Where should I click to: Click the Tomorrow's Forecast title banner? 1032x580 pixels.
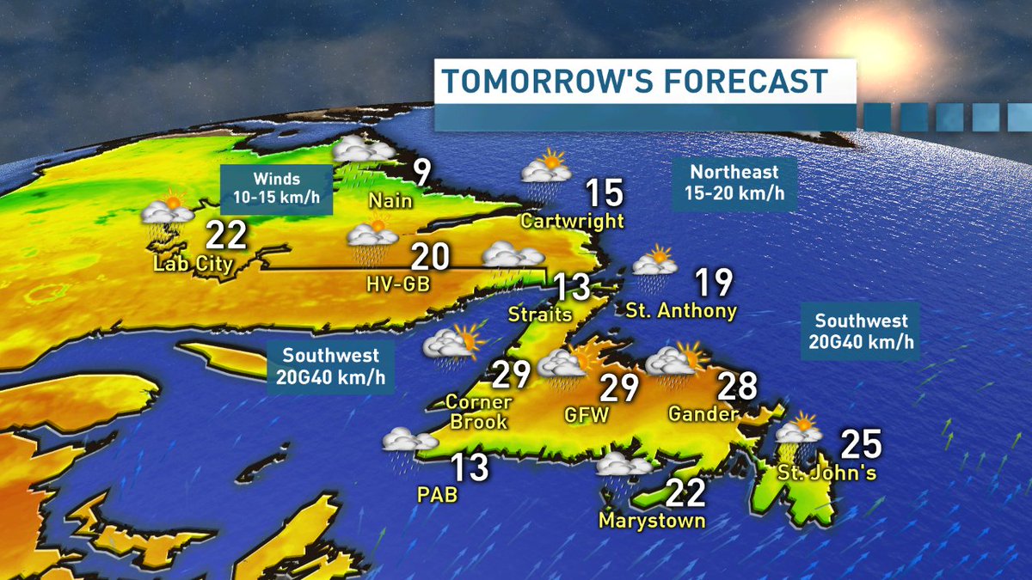coord(635,82)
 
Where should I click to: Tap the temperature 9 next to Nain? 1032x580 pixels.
coord(421,173)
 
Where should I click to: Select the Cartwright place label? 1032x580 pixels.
coord(572,221)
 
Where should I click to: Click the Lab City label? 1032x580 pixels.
coord(193,263)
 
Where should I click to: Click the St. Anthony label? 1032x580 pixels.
coord(681,309)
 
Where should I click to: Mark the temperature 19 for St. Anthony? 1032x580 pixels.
coord(714,281)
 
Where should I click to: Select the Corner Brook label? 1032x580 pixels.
coord(478,412)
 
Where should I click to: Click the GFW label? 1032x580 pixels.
coord(587,415)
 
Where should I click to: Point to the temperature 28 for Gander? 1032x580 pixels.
coord(736,388)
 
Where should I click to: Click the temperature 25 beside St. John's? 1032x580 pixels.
coord(861,444)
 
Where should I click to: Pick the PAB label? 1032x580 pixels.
coord(436,495)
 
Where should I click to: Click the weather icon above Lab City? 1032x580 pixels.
coord(166,210)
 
